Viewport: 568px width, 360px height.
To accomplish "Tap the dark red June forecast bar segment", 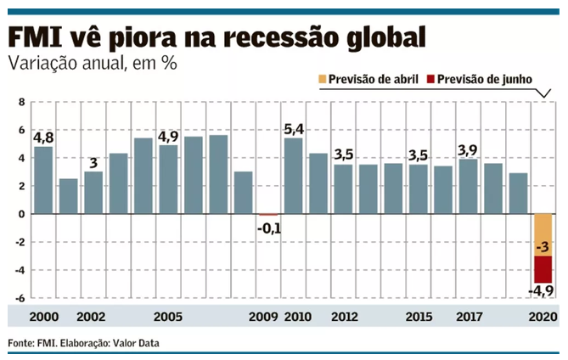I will tap(543, 269).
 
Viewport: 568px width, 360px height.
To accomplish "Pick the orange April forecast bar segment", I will tap(543, 234).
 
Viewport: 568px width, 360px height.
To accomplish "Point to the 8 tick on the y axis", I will tap(22, 102).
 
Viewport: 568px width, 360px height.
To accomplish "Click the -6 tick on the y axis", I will tap(20, 298).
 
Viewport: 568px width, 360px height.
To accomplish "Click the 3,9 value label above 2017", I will tap(468, 149).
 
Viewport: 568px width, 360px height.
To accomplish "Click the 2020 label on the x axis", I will tap(543, 316).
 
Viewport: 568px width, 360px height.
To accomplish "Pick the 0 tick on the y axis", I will tap(22, 214).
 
